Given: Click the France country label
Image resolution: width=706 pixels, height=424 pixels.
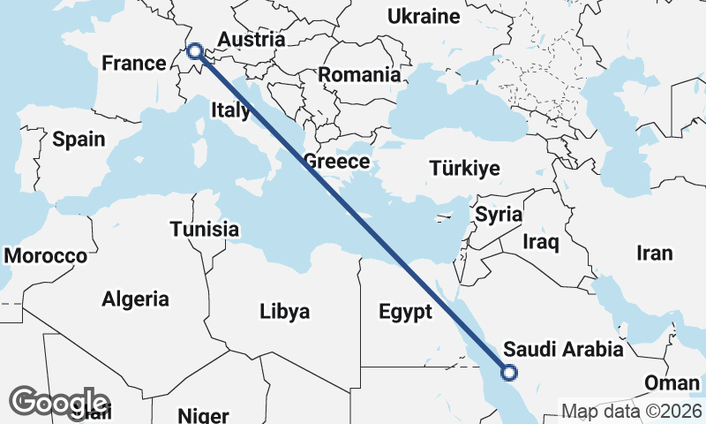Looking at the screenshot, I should tap(134, 64).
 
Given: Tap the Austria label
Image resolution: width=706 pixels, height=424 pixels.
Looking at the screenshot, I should tap(252, 41).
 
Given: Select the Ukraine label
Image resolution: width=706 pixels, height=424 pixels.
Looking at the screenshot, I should tap(425, 17).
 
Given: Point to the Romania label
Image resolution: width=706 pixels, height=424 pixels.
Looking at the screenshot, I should tap(359, 75).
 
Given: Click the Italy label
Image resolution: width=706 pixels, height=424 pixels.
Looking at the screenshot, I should tap(230, 110).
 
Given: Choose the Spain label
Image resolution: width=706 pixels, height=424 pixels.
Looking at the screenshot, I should tap(79, 140).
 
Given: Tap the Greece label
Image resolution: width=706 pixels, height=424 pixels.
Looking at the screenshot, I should tap(336, 162).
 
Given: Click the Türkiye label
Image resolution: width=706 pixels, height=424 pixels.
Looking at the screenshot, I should tap(464, 169).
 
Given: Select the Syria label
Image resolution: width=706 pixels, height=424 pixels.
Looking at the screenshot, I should tap(499, 214).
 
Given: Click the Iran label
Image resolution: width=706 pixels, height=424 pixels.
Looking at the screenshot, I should tap(654, 254).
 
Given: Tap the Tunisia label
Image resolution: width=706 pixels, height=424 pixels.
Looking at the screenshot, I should tap(205, 230).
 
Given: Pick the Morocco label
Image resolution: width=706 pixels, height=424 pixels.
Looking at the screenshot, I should tap(46, 256).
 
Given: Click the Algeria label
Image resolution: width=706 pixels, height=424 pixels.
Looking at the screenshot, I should tap(135, 299).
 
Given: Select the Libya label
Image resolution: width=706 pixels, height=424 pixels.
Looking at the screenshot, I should tap(285, 311).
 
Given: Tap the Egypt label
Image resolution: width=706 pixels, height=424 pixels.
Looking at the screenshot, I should tap(405, 312).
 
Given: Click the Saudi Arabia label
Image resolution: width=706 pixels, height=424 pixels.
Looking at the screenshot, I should tap(563, 350).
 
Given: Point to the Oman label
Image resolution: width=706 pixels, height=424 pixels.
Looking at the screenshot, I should tap(672, 383).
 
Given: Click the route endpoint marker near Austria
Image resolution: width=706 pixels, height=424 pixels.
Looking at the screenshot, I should tap(195, 52).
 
